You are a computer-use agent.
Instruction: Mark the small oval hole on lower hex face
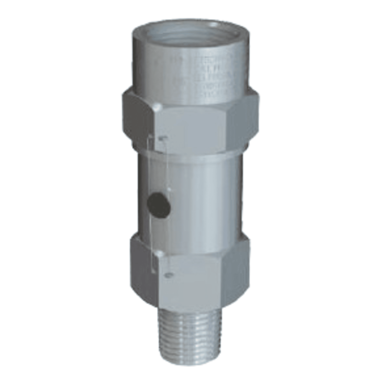coord(168,274)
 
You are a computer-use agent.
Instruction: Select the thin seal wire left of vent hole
coord(151,183)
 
